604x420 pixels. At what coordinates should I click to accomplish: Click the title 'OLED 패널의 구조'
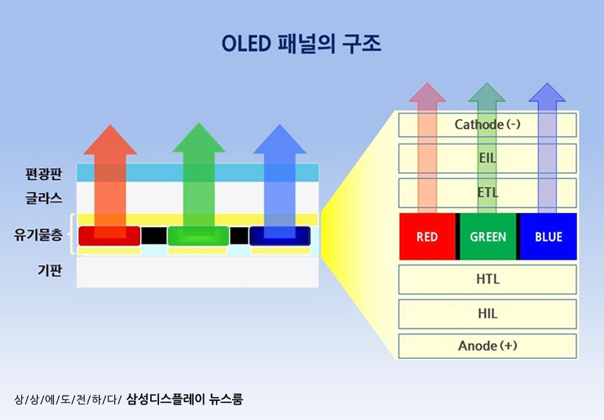301,43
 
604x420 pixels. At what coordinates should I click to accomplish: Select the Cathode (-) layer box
487,125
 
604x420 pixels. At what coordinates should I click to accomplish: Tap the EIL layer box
487,158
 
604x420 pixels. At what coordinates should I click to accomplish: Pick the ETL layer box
487,192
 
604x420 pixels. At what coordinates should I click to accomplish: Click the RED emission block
427,237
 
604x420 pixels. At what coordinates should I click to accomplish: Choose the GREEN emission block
488,237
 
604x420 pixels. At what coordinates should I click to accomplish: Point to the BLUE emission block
548,237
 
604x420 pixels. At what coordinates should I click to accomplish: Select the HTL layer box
487,279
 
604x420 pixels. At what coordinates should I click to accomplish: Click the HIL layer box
487,313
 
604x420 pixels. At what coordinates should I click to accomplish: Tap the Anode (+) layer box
487,346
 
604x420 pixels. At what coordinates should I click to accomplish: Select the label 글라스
43,198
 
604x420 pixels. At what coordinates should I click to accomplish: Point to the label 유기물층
38,235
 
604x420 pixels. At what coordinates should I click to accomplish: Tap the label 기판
49,270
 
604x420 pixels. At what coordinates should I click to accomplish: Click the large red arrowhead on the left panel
110,140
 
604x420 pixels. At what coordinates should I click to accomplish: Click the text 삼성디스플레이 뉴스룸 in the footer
185,399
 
